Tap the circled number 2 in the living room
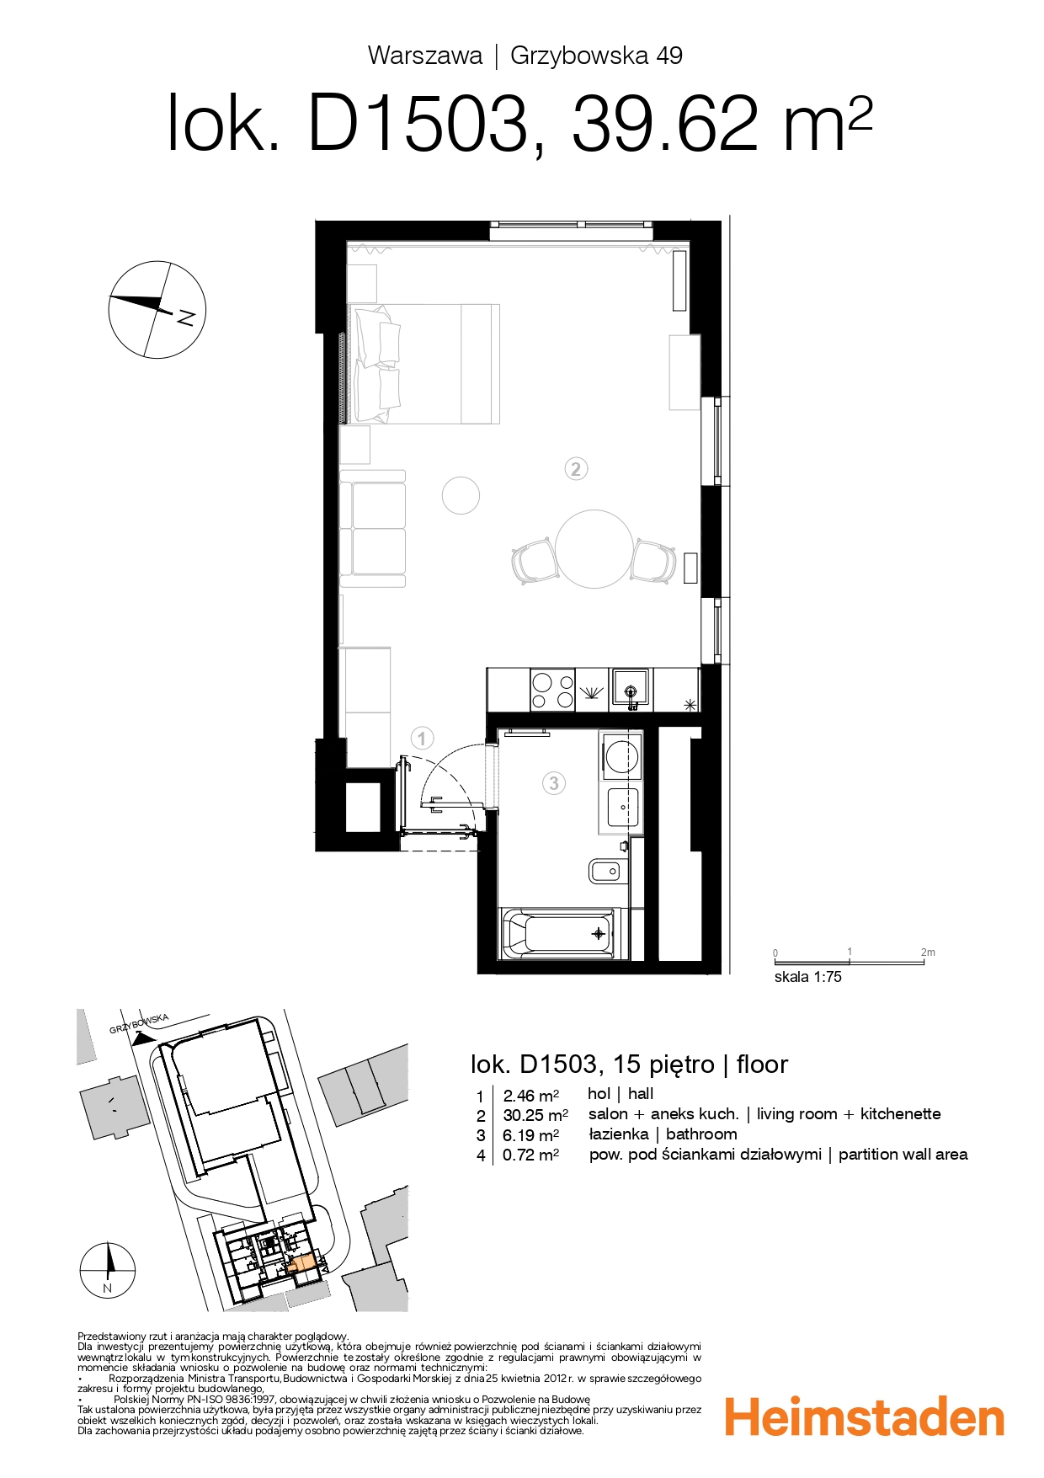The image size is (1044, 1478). coord(575,469)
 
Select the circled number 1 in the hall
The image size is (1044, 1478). coord(422,739)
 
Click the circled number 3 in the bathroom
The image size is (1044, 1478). coord(553,783)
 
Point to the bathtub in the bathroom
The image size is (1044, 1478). coord(558,933)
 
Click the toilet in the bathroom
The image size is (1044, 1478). coord(607,871)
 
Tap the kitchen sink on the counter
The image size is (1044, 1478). coord(630,686)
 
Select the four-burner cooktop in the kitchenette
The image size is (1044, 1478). coord(552,689)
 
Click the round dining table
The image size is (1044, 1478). coord(594,548)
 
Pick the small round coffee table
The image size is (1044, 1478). coord(461,495)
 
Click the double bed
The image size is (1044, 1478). coord(425,364)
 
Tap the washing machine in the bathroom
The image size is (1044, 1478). coord(621,755)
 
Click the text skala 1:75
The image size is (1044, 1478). coord(807,977)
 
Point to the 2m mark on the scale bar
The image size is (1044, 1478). coord(926,952)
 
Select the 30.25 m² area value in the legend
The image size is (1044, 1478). coord(535,1115)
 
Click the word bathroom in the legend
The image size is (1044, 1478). coord(700,1134)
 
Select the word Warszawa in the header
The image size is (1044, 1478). coord(425,56)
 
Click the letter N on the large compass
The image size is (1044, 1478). coord(186,317)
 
